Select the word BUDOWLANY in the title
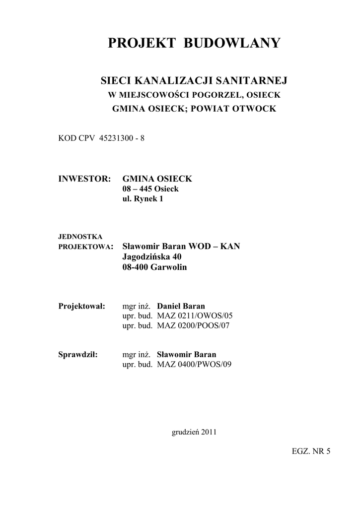point(232,43)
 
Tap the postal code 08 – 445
point(137,189)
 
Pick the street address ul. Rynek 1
point(143,199)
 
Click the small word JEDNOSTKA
point(80,237)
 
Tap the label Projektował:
point(82,306)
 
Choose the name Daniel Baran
point(181,306)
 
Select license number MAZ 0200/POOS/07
point(194,325)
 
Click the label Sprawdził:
point(78,355)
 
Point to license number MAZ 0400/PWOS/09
point(194,365)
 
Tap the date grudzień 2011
point(194,432)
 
